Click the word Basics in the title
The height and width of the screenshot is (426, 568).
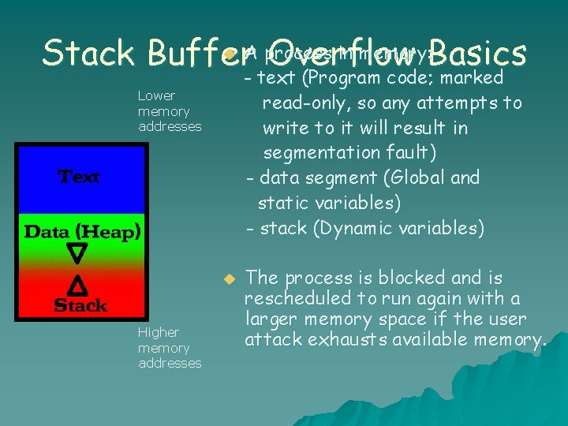pyautogui.click(x=478, y=54)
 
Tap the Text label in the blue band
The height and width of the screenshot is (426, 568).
pyautogui.click(x=79, y=177)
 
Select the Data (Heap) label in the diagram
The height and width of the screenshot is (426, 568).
pyautogui.click(x=82, y=232)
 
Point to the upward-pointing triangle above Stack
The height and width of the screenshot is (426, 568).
pyautogui.click(x=77, y=283)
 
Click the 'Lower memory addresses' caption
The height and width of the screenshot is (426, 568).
pyautogui.click(x=169, y=111)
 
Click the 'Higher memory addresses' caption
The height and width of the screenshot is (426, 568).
pyautogui.click(x=169, y=348)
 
